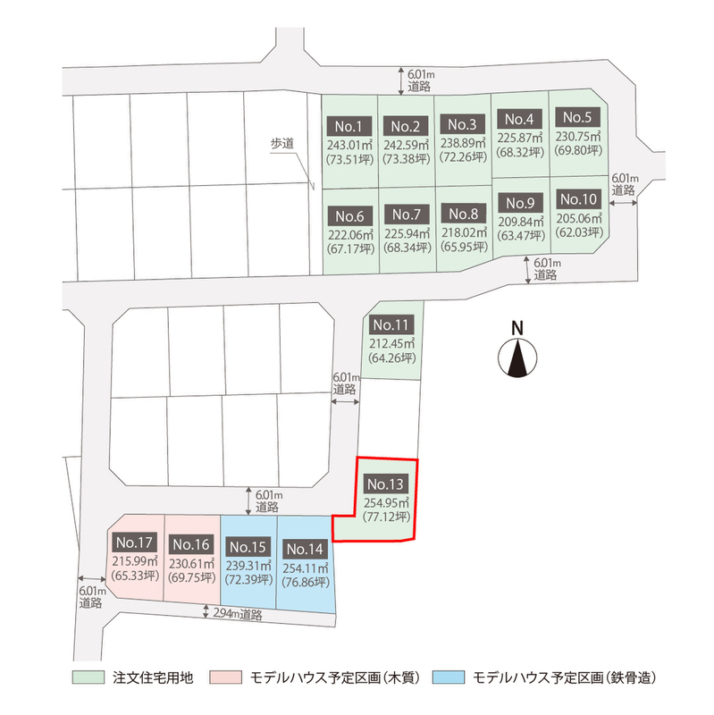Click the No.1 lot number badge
349,126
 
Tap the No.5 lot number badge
577,117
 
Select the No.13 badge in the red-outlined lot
386,484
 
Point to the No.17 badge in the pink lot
135,543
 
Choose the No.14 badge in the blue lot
305,549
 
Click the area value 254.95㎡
386,502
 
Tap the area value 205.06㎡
579,218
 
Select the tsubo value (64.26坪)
392,357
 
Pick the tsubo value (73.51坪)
349,160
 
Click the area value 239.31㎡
249,565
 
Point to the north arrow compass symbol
517,357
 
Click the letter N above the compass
517,328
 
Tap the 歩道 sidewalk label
282,144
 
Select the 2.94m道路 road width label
238,614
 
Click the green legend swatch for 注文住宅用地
88,677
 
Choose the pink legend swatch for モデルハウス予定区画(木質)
226,677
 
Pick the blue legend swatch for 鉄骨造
449,677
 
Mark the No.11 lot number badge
391,324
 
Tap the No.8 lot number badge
464,214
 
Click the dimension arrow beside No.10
623,203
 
